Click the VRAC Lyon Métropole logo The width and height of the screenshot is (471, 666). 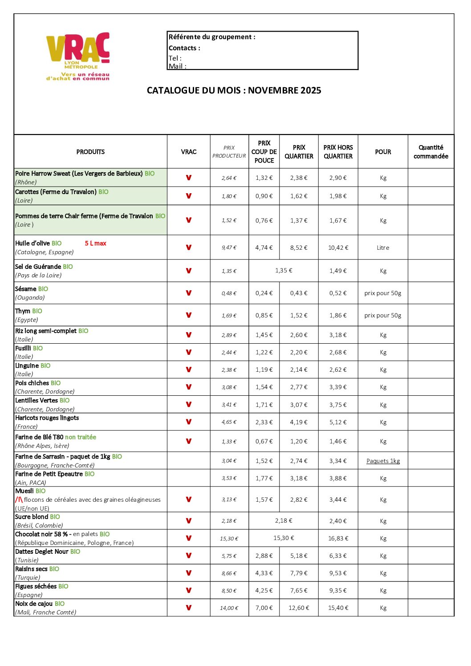click(78, 56)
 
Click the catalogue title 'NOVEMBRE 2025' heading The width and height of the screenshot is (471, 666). click(234, 90)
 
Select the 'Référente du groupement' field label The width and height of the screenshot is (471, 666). click(212, 37)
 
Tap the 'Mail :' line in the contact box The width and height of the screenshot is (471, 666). click(177, 66)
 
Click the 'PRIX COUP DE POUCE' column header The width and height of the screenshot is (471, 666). click(264, 152)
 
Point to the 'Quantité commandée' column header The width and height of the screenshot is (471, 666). click(430, 152)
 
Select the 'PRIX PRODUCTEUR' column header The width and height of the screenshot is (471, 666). click(229, 152)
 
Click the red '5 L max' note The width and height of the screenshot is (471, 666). click(95, 244)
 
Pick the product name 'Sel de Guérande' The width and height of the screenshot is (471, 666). click(38, 267)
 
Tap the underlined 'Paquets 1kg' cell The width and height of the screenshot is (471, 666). click(383, 461)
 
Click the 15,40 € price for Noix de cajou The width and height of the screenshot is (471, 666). click(338, 608)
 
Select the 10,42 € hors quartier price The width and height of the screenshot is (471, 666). click(338, 248)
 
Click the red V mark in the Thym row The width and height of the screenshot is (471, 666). click(189, 315)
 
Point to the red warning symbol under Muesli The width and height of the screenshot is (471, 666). click(19, 499)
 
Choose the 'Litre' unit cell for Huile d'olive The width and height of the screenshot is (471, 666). click(383, 248)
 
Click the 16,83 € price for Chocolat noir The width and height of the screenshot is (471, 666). click(338, 539)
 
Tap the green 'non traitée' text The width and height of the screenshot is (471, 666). click(81, 437)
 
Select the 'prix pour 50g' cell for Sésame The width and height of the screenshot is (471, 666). click(383, 293)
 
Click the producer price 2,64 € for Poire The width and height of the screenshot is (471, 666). click(229, 178)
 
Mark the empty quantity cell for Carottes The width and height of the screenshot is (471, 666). click(430, 196)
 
